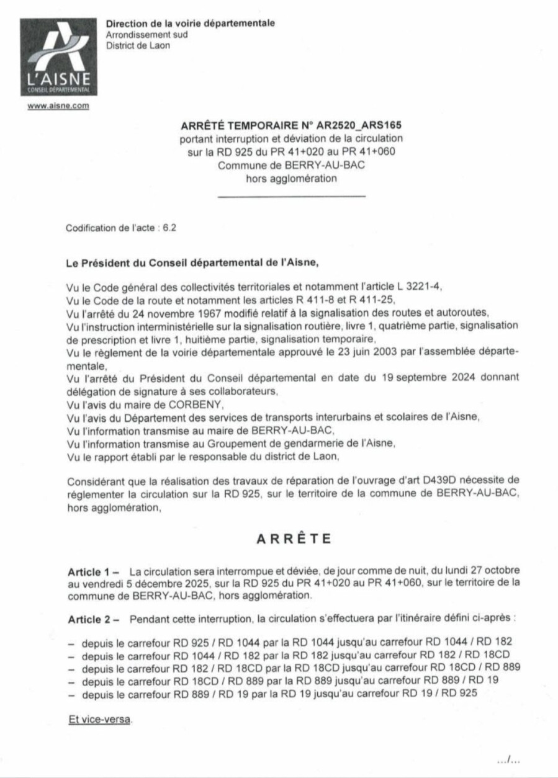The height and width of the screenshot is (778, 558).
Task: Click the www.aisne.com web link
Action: click(x=58, y=105)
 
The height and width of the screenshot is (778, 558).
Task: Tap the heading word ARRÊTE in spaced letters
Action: click(x=294, y=539)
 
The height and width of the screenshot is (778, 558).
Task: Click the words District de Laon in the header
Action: click(x=138, y=45)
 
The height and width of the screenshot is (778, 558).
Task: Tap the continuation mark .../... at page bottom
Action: click(x=509, y=759)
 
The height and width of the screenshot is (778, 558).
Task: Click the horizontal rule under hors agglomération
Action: click(x=291, y=197)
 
